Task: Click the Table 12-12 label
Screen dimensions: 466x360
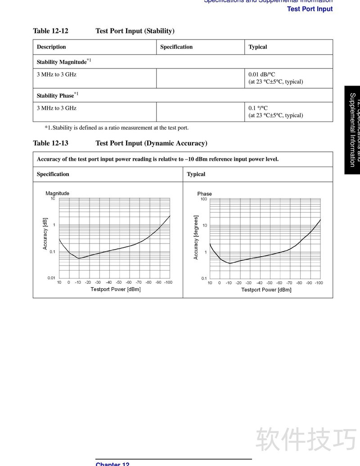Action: pyautogui.click(x=50, y=31)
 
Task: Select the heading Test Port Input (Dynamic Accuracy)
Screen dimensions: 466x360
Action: pyautogui.click(x=151, y=143)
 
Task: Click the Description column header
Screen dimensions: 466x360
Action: pyautogui.click(x=51, y=47)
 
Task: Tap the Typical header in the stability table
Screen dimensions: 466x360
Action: pyautogui.click(x=258, y=47)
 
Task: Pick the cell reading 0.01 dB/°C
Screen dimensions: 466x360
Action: pyautogui.click(x=261, y=74)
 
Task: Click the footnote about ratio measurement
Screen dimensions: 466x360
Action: pyautogui.click(x=117, y=127)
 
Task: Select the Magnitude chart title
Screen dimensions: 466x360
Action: pyautogui.click(x=58, y=193)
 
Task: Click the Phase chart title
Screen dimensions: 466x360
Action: pyautogui.click(x=204, y=194)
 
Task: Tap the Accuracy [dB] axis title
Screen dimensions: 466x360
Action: pyautogui.click(x=45, y=234)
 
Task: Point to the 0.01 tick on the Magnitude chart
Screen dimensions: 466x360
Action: pyautogui.click(x=51, y=278)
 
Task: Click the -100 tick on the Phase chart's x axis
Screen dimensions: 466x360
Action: pyautogui.click(x=319, y=283)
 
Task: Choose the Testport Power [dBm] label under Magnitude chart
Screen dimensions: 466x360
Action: pyautogui.click(x=116, y=289)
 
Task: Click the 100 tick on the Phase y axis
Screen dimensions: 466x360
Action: pyautogui.click(x=204, y=199)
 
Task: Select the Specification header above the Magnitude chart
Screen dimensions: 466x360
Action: pyautogui.click(x=53, y=174)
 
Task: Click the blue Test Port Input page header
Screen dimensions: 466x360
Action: pyautogui.click(x=310, y=9)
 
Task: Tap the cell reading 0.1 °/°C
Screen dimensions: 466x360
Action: pyautogui.click(x=258, y=108)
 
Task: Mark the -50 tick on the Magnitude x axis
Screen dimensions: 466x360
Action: pyautogui.click(x=118, y=282)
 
